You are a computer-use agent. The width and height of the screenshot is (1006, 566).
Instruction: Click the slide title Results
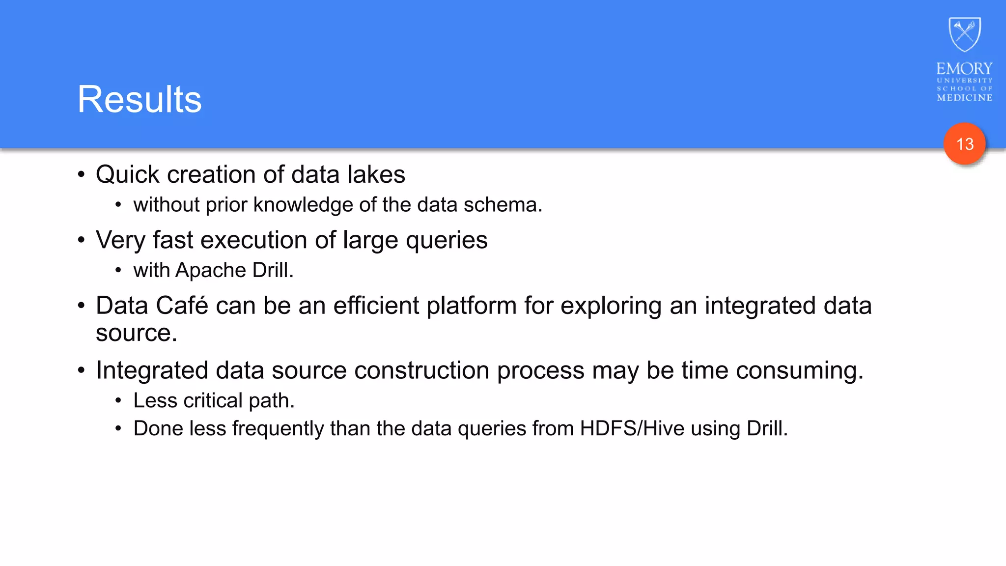pos(140,100)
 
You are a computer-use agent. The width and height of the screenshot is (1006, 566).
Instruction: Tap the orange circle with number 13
pos(964,144)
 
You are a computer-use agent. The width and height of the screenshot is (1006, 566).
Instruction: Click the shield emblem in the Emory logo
pos(965,34)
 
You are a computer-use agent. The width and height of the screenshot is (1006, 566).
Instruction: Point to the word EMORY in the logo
pos(964,68)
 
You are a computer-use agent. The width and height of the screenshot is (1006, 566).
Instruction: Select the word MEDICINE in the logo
pos(965,98)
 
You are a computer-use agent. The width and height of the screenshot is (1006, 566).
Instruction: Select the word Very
pos(121,240)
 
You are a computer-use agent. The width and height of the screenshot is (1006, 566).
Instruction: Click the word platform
pos(471,306)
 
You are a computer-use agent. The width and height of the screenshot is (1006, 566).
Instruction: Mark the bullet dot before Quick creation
pos(82,175)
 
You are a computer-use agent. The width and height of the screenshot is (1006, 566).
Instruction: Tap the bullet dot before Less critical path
pos(118,401)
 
